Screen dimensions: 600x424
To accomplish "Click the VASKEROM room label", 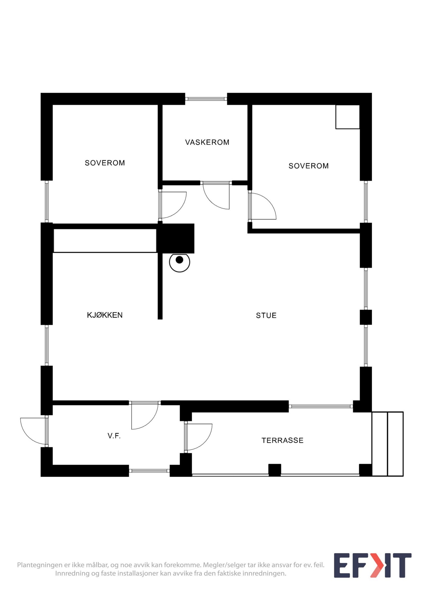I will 207,142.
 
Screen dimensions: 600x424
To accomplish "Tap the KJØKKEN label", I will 105,315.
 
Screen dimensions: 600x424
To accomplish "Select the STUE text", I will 266,315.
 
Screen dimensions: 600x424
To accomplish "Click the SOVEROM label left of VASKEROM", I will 105,163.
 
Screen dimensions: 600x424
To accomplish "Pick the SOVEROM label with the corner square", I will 308,166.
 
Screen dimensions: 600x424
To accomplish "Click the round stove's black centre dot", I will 179,260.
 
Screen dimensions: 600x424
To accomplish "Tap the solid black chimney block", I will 175,238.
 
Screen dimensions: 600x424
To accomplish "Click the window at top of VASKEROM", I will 206,99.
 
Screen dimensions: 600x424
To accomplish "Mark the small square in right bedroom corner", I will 347,117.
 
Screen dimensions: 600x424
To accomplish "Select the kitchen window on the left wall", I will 47,345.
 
